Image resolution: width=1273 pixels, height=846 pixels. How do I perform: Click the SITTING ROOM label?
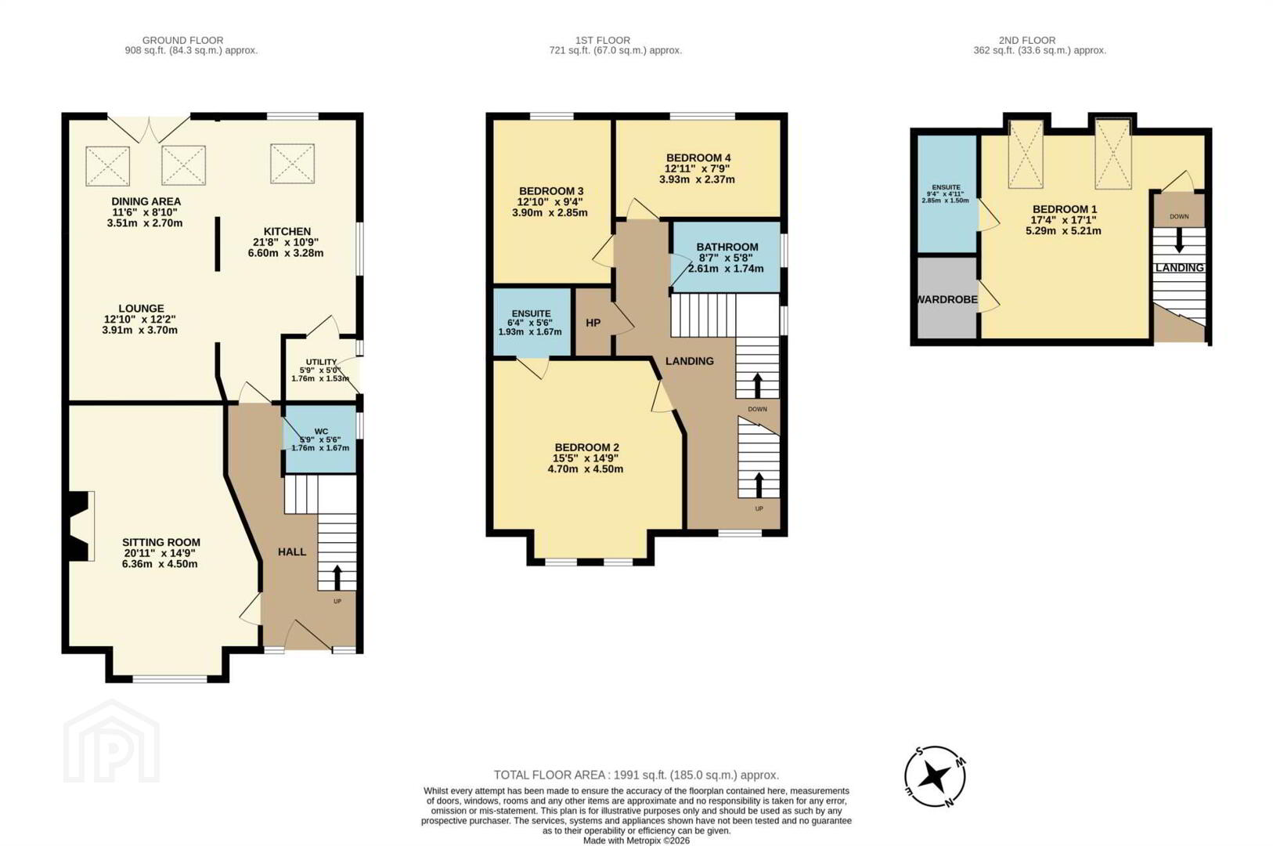pyautogui.click(x=160, y=542)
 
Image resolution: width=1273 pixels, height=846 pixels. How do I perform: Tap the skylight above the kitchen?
pyautogui.click(x=292, y=164)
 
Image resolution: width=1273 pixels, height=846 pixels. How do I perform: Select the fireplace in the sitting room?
pyautogui.click(x=80, y=526)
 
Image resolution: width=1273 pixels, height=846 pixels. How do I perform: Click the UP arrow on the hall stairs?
pyautogui.click(x=337, y=577)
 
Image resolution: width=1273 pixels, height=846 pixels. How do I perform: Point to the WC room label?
pyautogui.click(x=321, y=432)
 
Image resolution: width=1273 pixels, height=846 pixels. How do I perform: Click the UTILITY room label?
pyautogui.click(x=321, y=362)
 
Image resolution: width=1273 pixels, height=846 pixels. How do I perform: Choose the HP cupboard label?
pyautogui.click(x=593, y=323)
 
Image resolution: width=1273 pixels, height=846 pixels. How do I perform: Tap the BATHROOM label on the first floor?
pyautogui.click(x=727, y=247)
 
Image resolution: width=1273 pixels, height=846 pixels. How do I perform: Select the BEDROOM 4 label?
pyautogui.click(x=698, y=157)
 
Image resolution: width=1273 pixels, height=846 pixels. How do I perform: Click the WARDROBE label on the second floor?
pyautogui.click(x=947, y=299)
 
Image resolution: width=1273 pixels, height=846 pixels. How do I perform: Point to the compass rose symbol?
pyautogui.click(x=935, y=776)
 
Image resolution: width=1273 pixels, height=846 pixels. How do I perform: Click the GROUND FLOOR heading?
pyautogui.click(x=182, y=41)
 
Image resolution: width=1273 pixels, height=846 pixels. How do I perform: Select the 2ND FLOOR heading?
pyautogui.click(x=1027, y=41)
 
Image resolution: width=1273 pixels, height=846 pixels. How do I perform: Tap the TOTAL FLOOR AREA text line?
pyautogui.click(x=636, y=775)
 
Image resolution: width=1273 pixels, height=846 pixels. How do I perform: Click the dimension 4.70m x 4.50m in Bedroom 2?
pyautogui.click(x=586, y=469)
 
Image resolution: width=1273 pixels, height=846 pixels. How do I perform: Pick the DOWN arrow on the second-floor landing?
pyautogui.click(x=1179, y=240)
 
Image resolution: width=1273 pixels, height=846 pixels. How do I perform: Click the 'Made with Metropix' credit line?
pyautogui.click(x=636, y=841)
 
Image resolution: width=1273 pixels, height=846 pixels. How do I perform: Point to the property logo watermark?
pyautogui.click(x=111, y=741)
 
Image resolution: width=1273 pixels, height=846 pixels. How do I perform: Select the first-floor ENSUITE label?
pyautogui.click(x=531, y=313)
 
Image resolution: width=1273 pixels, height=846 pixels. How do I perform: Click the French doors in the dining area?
pyautogui.click(x=149, y=129)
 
